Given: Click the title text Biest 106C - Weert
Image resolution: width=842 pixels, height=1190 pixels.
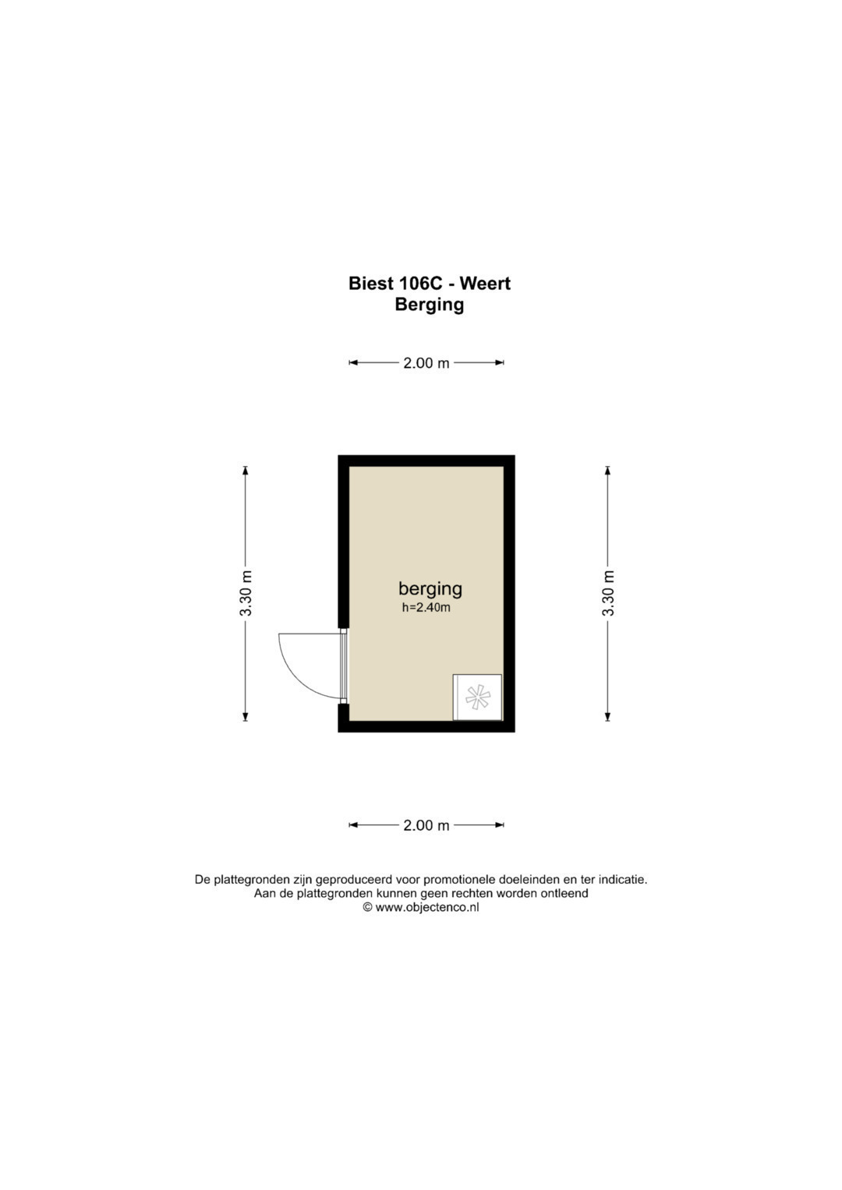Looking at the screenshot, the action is pyautogui.click(x=429, y=283).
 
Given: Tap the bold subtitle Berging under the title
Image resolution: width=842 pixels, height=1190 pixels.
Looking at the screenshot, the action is pyautogui.click(x=429, y=305).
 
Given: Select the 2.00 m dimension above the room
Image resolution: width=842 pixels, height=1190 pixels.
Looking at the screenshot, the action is pyautogui.click(x=426, y=363).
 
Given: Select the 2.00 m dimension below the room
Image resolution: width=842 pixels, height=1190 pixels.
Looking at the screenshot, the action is pyautogui.click(x=426, y=825).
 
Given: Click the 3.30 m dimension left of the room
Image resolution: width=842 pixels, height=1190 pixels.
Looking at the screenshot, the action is pyautogui.click(x=245, y=593).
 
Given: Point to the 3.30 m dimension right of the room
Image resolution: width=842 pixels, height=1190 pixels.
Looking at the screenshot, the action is pyautogui.click(x=607, y=593).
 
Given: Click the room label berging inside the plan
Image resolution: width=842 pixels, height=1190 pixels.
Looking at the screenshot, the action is pyautogui.click(x=430, y=588).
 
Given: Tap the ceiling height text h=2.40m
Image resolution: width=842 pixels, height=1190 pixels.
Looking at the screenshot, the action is pyautogui.click(x=426, y=608).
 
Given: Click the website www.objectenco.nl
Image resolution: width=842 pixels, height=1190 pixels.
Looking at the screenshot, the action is pyautogui.click(x=427, y=907).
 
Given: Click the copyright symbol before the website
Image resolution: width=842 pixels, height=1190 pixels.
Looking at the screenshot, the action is pyautogui.click(x=367, y=907).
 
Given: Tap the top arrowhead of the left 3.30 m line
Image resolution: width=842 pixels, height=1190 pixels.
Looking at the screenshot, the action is pyautogui.click(x=245, y=470).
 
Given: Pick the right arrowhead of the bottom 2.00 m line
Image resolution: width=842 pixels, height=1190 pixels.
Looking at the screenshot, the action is pyautogui.click(x=500, y=825).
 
